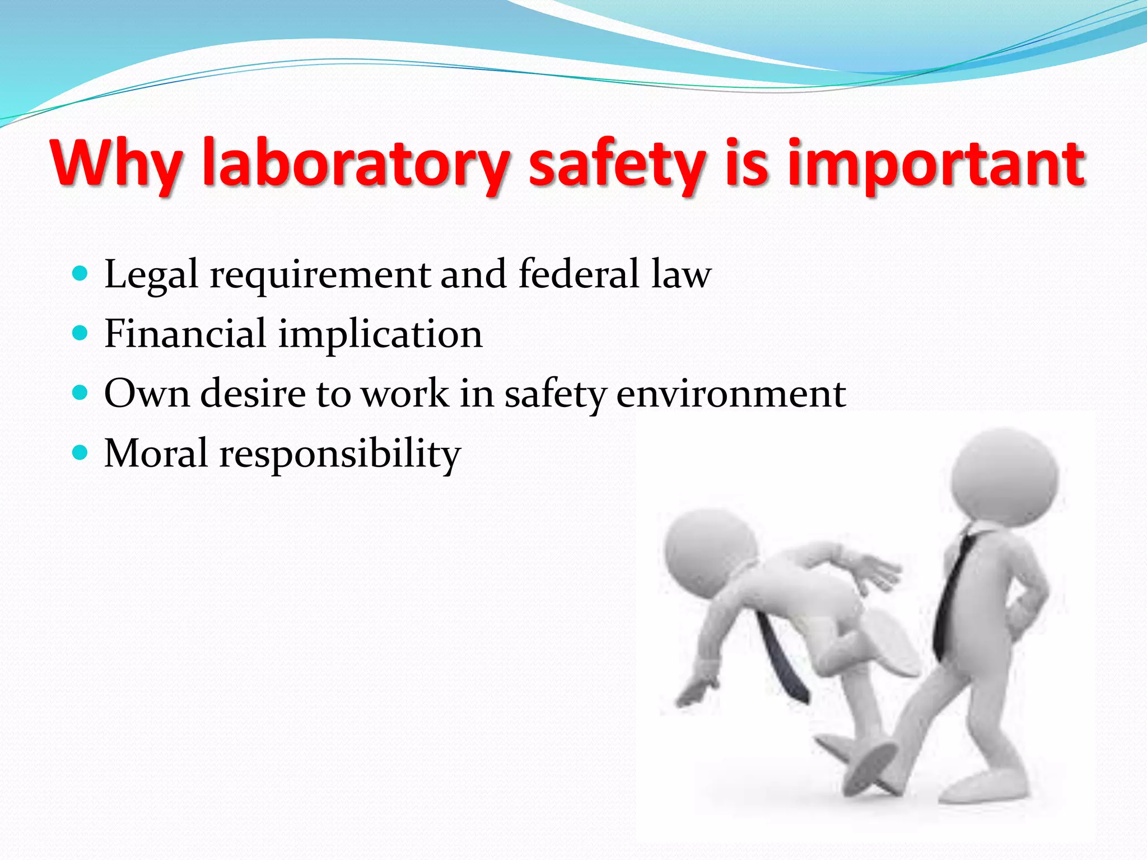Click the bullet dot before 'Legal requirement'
81,274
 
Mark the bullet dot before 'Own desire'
81,393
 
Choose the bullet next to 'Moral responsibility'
81,452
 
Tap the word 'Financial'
185,334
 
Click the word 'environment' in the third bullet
731,393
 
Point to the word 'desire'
253,393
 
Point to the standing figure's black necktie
952,593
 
